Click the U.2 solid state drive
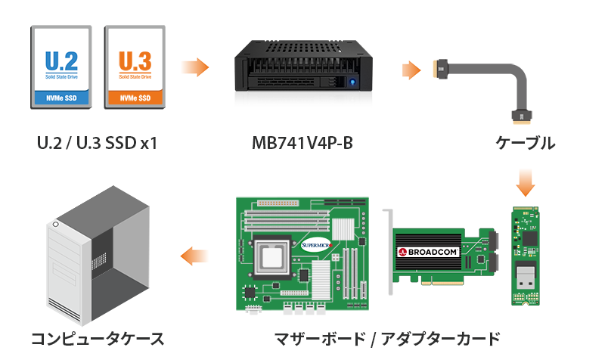pos(60,67)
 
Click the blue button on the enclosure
pos(350,81)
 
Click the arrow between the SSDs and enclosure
pos(196,67)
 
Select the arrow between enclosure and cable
pos(410,71)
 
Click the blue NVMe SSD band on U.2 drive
pos(60,98)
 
